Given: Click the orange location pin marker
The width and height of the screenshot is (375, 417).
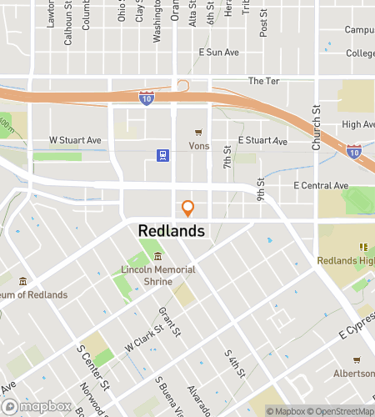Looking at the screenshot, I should point(188,208).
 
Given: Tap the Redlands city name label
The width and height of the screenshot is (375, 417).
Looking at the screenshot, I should point(171,230).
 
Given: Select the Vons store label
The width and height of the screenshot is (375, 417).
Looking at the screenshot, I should point(199,145).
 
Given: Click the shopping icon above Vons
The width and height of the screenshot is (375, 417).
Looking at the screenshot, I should point(198,132).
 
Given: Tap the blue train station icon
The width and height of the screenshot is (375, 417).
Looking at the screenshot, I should point(162,154).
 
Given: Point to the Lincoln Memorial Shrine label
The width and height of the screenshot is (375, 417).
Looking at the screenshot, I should point(158,275).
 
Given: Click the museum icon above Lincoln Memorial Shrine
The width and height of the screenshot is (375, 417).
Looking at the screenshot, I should point(158,256).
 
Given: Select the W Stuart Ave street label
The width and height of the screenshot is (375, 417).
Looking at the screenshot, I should point(75,140).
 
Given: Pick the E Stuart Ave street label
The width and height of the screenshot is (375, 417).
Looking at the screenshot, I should point(262,141).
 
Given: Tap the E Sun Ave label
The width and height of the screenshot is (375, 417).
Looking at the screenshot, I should point(219,52).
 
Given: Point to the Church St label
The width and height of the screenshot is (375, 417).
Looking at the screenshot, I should point(316,128).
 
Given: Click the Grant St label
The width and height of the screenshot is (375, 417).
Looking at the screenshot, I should point(170,323).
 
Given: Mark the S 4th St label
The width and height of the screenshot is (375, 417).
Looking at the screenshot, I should point(233,363).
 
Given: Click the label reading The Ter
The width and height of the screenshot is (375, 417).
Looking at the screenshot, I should point(261,81).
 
